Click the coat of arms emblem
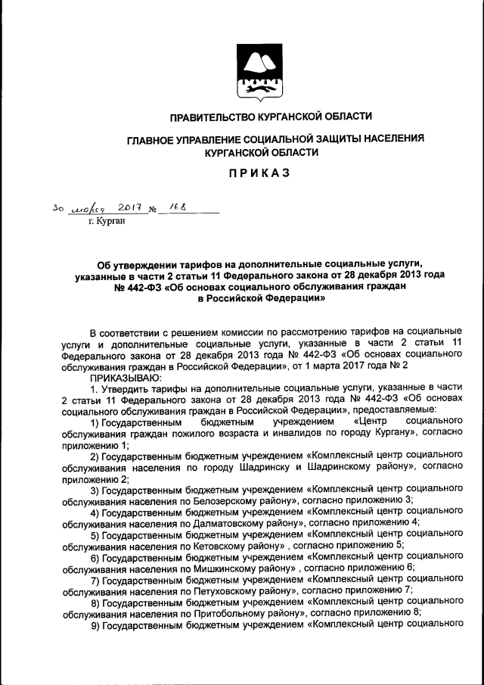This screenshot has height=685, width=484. pos(253,72)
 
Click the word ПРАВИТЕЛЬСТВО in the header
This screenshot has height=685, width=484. pos(217,117)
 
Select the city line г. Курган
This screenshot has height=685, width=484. pos(105,222)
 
